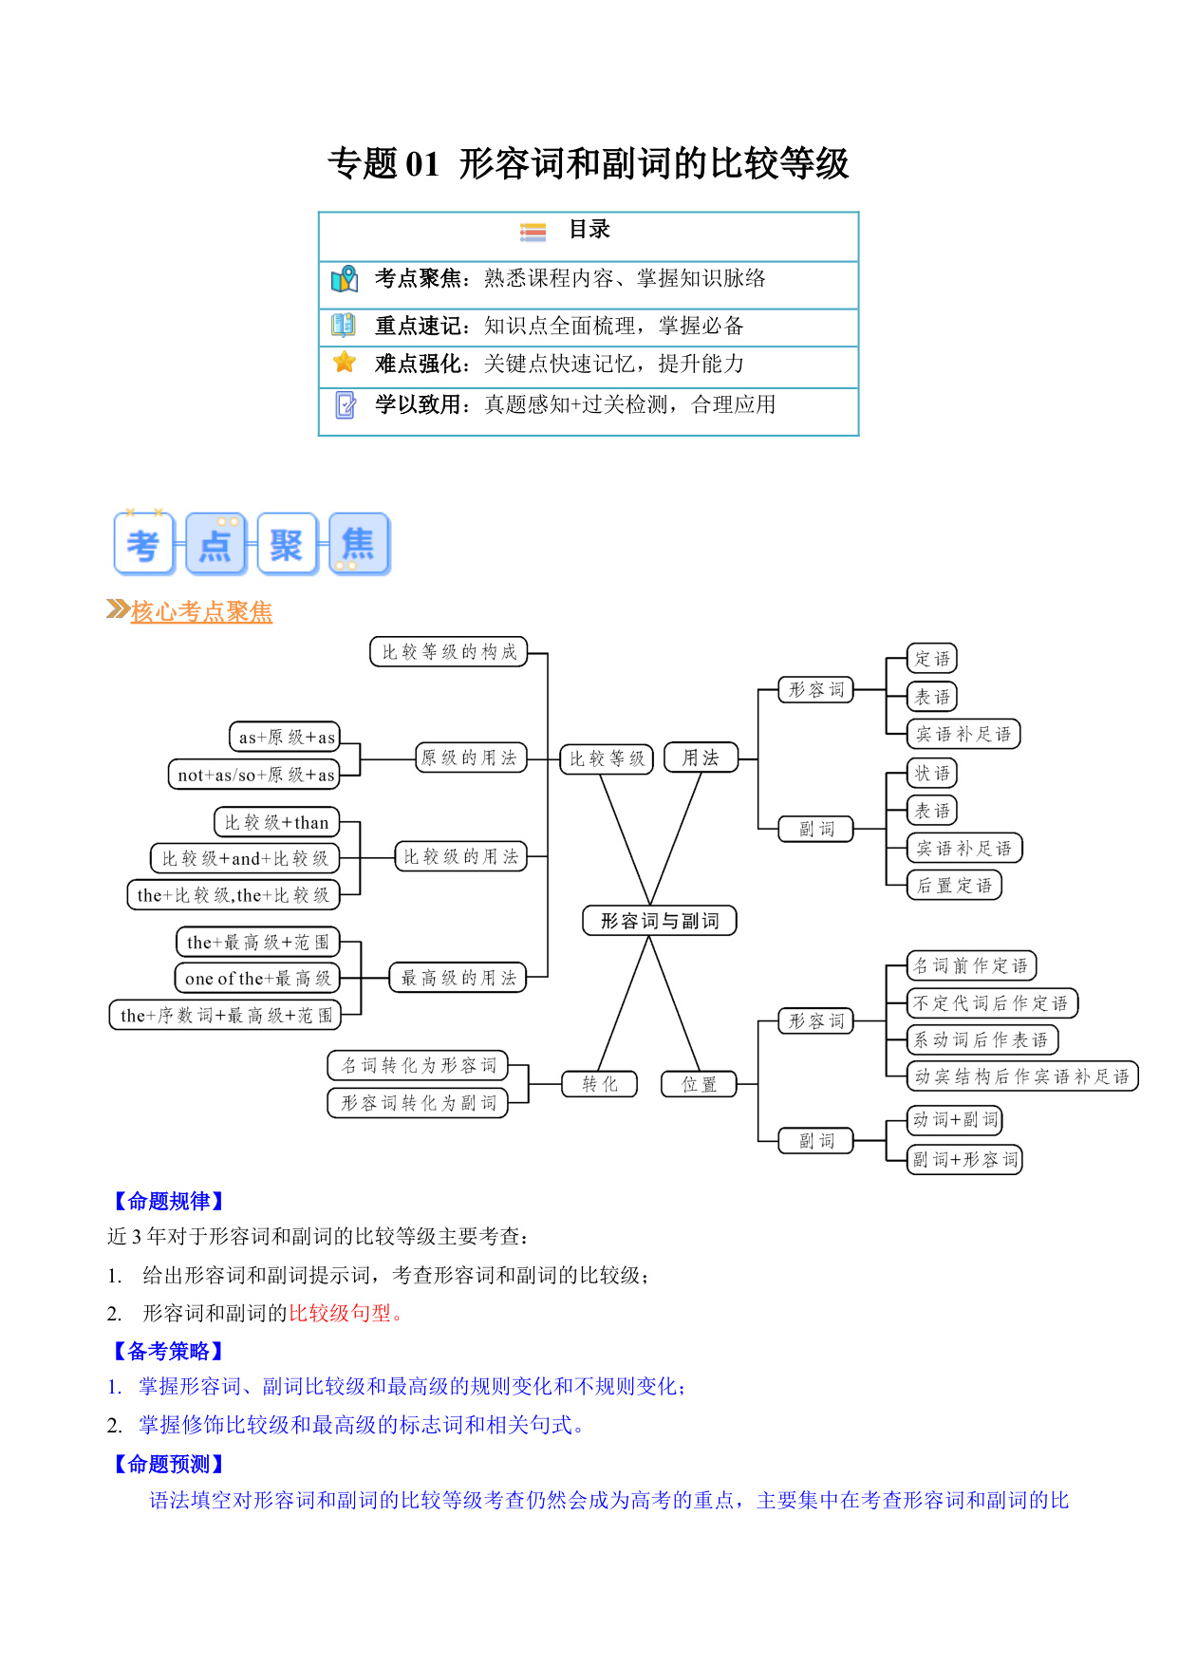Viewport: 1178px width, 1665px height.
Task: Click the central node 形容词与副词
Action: [659, 921]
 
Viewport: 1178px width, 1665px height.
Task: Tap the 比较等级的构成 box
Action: [448, 652]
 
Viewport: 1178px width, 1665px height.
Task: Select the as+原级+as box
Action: [285, 737]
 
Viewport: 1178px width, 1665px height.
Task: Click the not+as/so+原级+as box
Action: [254, 775]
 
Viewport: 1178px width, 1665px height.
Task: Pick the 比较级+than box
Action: [276, 822]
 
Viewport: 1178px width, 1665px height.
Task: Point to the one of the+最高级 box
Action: [256, 978]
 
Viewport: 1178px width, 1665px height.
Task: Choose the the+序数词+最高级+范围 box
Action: [225, 1015]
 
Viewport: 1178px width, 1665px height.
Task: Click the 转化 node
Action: [599, 1084]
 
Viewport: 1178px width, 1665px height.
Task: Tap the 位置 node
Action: [699, 1084]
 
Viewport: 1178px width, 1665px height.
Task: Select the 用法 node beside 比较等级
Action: [701, 758]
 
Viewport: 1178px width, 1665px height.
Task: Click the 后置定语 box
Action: [954, 886]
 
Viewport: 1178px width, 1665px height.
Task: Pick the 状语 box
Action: [932, 773]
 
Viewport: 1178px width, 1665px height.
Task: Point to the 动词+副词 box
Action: [955, 1120]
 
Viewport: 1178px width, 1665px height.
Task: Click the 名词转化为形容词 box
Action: [418, 1065]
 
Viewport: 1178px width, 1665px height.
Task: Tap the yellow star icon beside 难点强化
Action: [345, 363]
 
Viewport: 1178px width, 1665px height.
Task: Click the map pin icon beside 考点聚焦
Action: [345, 278]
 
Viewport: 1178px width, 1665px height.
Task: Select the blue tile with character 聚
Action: [287, 544]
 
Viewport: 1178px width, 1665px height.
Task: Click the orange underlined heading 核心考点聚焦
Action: [201, 611]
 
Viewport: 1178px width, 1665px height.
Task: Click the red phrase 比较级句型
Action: [340, 1313]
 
